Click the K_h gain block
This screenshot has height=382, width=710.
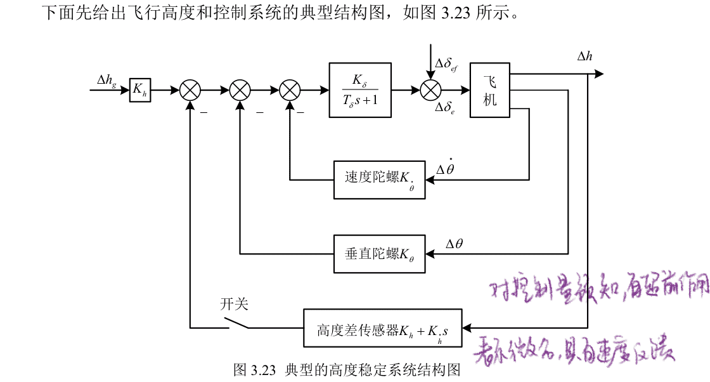coord(139,90)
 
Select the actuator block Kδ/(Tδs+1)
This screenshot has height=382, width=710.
coord(360,90)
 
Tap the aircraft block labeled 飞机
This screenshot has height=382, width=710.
coord(490,90)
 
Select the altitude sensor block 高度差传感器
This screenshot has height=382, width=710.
coord(383,328)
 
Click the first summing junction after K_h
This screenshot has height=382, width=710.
coord(190,90)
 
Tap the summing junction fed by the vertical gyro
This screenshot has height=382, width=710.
coord(240,90)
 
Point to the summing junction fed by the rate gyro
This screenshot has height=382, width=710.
coord(290,90)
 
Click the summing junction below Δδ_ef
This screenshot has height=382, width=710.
coord(430,90)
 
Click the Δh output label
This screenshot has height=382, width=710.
coord(584,57)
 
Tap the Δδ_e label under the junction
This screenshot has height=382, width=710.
coord(445,108)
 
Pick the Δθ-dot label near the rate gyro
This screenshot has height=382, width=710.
coord(446,168)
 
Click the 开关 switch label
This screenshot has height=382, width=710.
coord(234,305)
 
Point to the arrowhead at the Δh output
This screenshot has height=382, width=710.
coord(598,74)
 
